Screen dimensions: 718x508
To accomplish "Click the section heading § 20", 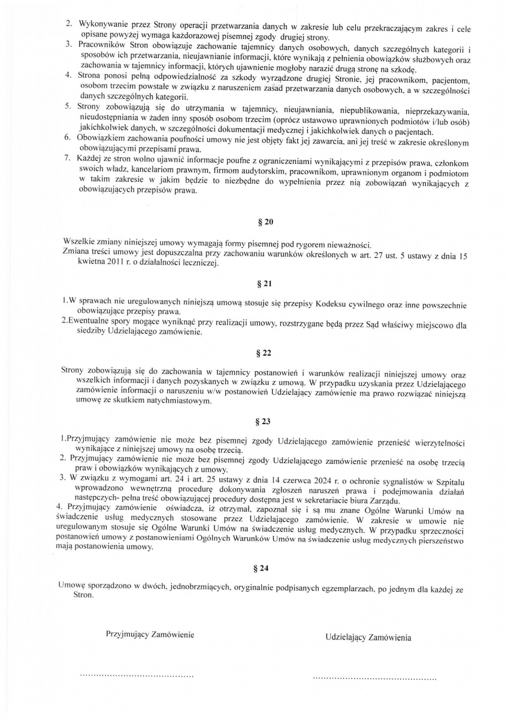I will (x=265, y=222).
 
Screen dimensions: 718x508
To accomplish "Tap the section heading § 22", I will (x=265, y=353).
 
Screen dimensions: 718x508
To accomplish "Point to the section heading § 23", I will (x=265, y=422).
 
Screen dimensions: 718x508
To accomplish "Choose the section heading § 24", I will (x=265, y=567).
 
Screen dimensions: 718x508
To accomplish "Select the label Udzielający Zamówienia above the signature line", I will (x=368, y=638).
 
